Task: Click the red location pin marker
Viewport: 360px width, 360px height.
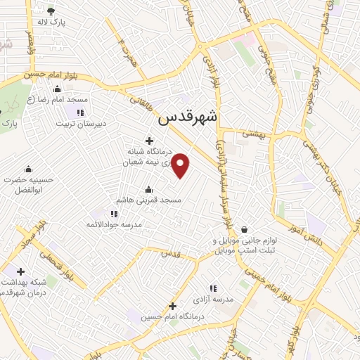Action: [x=181, y=165]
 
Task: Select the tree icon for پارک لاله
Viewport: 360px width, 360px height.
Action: [x=51, y=11]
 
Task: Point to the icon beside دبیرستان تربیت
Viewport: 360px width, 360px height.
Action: [x=82, y=112]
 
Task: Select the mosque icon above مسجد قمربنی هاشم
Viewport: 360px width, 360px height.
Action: [x=148, y=189]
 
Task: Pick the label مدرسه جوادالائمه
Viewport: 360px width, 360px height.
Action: [x=115, y=224]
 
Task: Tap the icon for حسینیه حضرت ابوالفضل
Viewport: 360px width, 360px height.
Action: [x=28, y=169]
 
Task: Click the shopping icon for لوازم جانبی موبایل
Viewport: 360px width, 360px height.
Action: [x=244, y=229]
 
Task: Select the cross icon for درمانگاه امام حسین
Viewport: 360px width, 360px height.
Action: [x=172, y=306]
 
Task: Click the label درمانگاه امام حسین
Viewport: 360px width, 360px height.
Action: [x=172, y=317]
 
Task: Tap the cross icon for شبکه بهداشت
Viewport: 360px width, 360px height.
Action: [x=20, y=271]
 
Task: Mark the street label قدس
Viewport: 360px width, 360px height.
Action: [x=169, y=252]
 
